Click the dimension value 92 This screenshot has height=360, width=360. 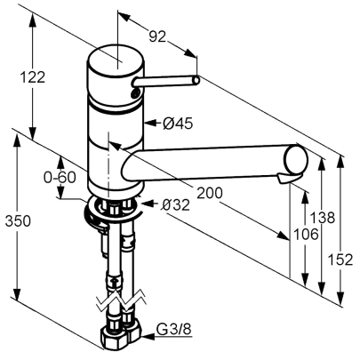[x=157, y=37]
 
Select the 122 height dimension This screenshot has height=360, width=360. [x=32, y=77]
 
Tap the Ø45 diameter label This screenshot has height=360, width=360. [x=178, y=124]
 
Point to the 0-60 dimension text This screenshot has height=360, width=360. [x=60, y=178]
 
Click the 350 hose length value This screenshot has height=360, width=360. [x=18, y=221]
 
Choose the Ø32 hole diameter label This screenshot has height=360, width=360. [x=175, y=204]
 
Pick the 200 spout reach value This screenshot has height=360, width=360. [x=210, y=193]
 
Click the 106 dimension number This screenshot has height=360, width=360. [x=306, y=235]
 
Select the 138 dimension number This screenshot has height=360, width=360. [x=322, y=218]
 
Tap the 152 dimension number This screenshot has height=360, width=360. [x=340, y=260]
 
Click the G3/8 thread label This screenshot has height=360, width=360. [x=174, y=329]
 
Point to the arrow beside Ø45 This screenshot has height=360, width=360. [x=152, y=123]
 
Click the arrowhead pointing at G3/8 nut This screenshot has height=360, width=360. [x=148, y=337]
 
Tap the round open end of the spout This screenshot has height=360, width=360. [x=296, y=159]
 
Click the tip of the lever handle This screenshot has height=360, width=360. [x=196, y=80]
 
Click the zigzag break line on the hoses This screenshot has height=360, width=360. [x=121, y=300]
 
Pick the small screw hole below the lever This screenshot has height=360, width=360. [x=135, y=93]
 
